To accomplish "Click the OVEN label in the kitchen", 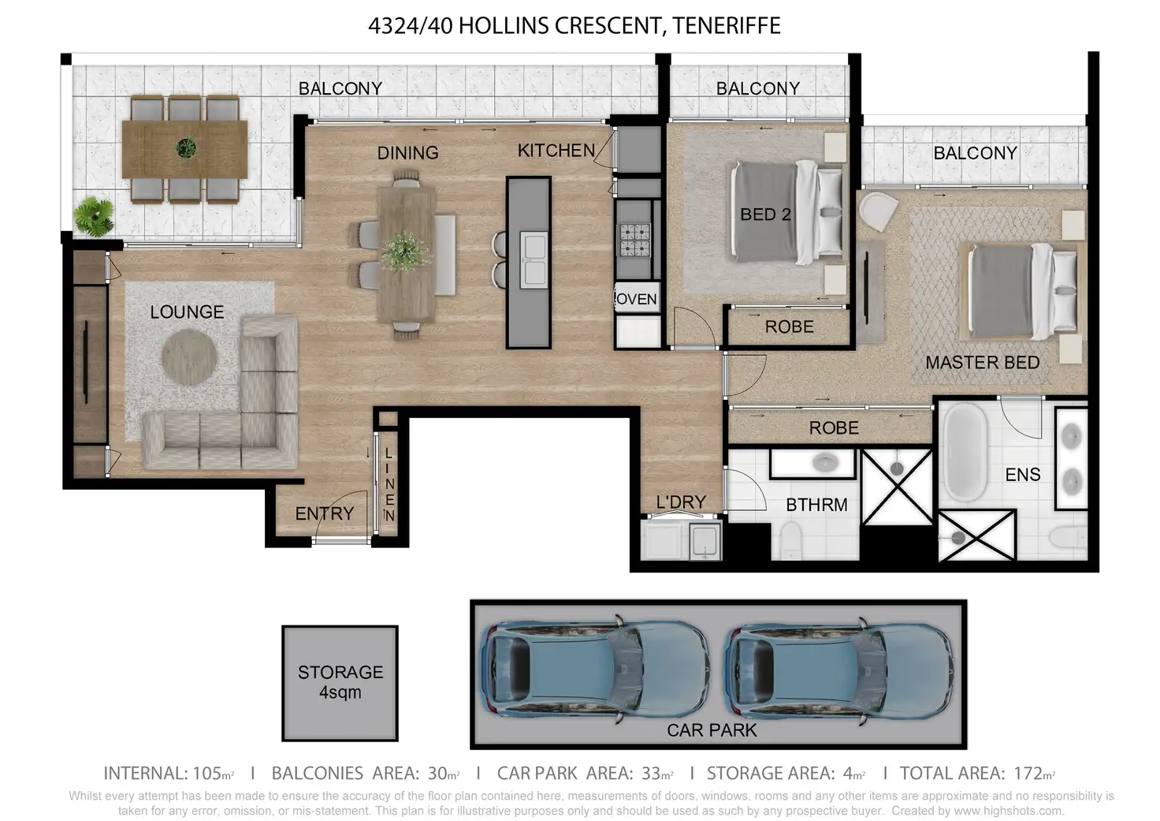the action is [x=637, y=299].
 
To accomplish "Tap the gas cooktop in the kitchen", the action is [x=635, y=240].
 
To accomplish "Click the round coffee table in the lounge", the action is [x=189, y=356].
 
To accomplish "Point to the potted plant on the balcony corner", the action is [x=94, y=217].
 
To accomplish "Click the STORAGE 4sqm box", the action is [x=340, y=683].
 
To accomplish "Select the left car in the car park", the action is [x=594, y=670].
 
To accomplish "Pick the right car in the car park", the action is [x=839, y=670].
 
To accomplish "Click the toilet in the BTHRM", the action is [x=790, y=540].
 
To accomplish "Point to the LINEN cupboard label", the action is [x=389, y=485].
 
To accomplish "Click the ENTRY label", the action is [x=325, y=513].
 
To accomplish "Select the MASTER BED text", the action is [x=983, y=362].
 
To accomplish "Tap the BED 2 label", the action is [x=765, y=215].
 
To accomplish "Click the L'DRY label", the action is [x=681, y=502].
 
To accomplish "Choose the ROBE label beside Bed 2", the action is [x=789, y=327].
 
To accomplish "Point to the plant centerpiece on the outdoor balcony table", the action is [x=186, y=147].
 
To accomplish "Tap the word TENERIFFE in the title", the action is [x=727, y=26].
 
